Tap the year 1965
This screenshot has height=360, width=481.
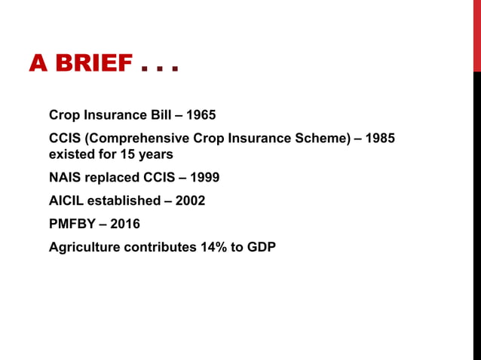click(201, 115)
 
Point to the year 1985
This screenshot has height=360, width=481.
click(379, 139)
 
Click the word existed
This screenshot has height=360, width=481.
click(69, 154)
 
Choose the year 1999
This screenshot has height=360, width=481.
click(205, 178)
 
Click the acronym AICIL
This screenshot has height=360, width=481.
click(66, 201)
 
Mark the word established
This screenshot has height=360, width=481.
click(123, 201)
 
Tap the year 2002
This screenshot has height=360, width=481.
click(190, 201)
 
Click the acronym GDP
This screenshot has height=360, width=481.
click(260, 247)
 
